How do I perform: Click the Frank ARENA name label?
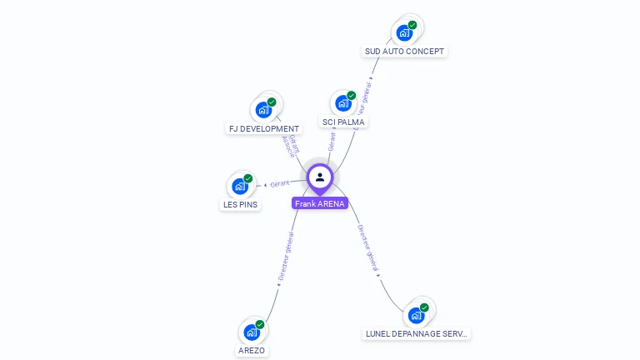(x=319, y=203)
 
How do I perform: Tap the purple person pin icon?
(x=320, y=177)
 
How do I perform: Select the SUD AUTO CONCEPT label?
(x=405, y=52)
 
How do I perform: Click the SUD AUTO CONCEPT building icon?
(x=404, y=33)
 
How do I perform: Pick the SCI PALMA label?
(x=343, y=122)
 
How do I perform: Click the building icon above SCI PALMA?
(x=342, y=104)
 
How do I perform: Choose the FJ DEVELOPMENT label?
(x=263, y=129)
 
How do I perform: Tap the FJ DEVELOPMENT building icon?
(x=263, y=110)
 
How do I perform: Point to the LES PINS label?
(x=240, y=204)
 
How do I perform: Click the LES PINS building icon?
(x=240, y=186)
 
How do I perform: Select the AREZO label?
(x=252, y=351)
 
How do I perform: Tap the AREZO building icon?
(x=252, y=332)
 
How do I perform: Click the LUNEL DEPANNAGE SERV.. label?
(x=417, y=334)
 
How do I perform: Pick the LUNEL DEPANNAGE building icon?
(x=416, y=316)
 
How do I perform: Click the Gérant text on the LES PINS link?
(x=280, y=183)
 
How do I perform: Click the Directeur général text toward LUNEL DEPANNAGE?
(x=367, y=247)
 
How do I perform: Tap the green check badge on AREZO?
(x=260, y=324)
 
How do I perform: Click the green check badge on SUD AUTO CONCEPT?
(x=412, y=25)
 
